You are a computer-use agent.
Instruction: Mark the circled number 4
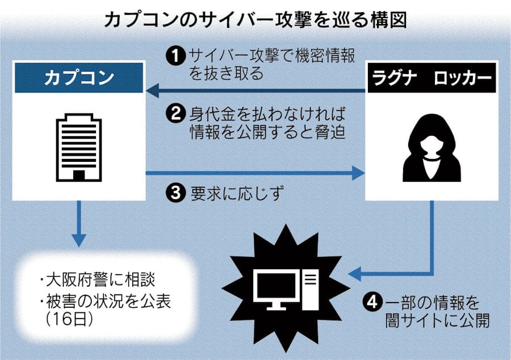click(373, 301)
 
